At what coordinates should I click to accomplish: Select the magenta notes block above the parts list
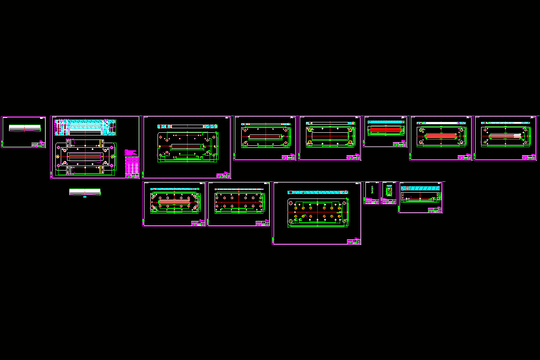pyautogui.click(x=130, y=152)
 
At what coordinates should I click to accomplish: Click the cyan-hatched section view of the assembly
pyautogui.click(x=85, y=128)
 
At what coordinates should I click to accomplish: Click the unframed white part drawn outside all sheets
pyautogui.click(x=85, y=192)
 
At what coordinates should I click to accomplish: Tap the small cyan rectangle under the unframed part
pyautogui.click(x=85, y=197)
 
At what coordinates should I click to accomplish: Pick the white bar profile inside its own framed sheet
pyautogui.click(x=24, y=128)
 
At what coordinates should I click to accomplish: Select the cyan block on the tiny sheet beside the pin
pyautogui.click(x=389, y=187)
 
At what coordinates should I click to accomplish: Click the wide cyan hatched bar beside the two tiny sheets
pyautogui.click(x=421, y=188)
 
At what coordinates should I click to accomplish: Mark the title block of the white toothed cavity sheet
pyautogui.click(x=529, y=157)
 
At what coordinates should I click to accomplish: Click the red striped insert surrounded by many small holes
pyautogui.click(x=174, y=201)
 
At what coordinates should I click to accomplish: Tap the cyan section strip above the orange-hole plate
pyautogui.click(x=317, y=192)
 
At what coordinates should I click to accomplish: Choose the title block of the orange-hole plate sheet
pyautogui.click(x=354, y=242)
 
